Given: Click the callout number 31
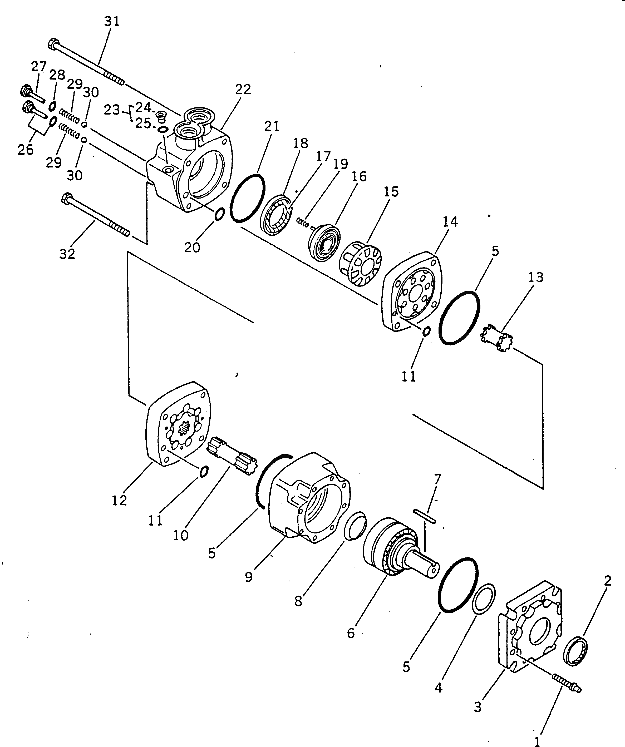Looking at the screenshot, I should pos(112,22).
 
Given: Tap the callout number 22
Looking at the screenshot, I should pos(243,89).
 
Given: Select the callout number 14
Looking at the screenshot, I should pos(450,222).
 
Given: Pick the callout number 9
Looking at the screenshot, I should pos(249,577).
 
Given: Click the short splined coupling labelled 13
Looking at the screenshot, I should pos(496,338).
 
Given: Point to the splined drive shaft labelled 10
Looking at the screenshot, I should pos(232,456).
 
